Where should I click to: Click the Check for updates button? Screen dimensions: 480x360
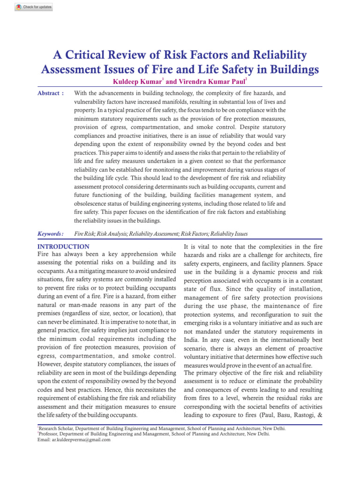(34, 7)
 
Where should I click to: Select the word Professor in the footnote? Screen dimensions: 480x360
(50, 434)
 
